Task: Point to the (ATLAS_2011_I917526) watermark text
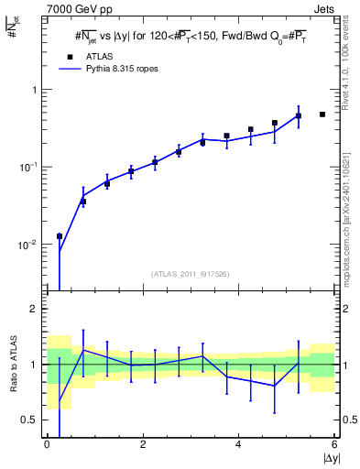191,274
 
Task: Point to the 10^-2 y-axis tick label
27,245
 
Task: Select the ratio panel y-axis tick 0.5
30,420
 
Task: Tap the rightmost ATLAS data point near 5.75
322,115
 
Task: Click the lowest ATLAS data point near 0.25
59,236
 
